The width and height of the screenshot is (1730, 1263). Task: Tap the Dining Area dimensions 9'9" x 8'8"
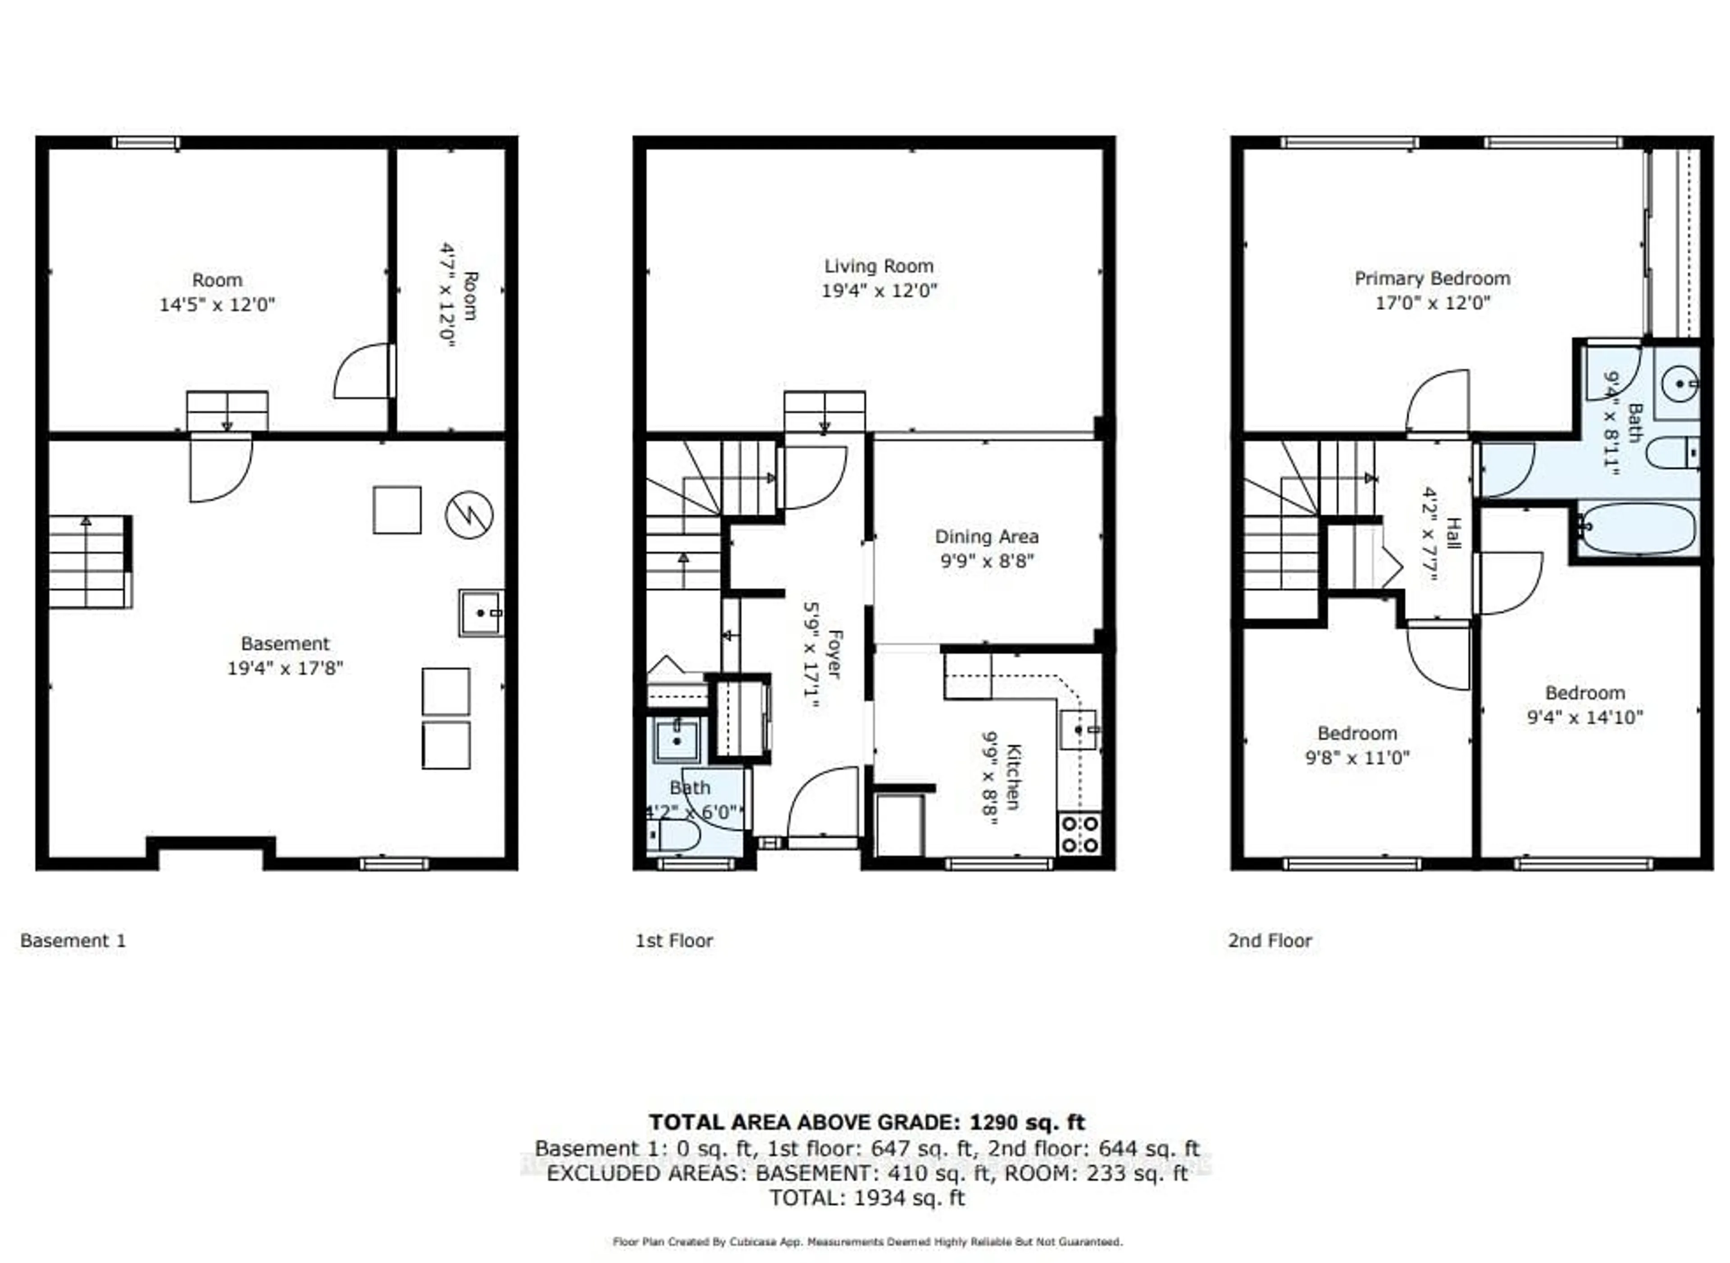[986, 561]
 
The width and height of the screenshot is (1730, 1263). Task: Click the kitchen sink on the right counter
[1079, 730]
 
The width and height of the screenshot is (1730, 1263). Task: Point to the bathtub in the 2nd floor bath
[1636, 528]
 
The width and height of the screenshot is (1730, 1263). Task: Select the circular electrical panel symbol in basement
[469, 515]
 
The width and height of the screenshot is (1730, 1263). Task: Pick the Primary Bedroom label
[1432, 278]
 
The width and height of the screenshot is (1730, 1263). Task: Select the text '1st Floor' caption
[674, 940]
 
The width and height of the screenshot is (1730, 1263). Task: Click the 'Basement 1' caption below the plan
[73, 940]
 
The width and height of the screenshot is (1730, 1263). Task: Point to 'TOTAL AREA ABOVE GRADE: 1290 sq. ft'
[866, 1122]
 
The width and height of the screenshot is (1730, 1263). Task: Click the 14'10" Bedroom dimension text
[1585, 717]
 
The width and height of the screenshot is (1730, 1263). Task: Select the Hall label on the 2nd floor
[1454, 533]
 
